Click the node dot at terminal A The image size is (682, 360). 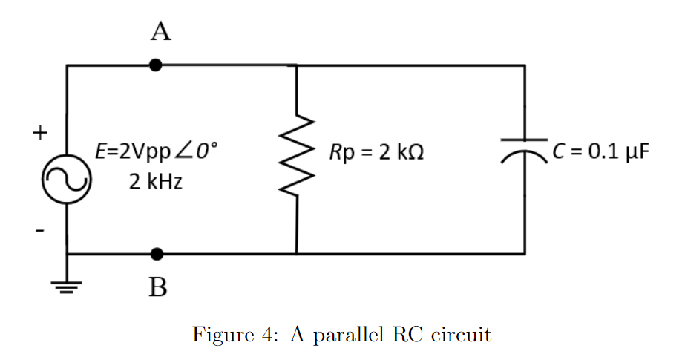coord(155,65)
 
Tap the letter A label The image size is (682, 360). coord(160,32)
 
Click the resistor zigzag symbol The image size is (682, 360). coord(298,158)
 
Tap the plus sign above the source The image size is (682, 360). coord(40,134)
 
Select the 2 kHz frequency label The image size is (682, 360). coord(155,181)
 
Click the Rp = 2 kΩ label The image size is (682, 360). coord(378,154)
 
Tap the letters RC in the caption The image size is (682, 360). coord(410,335)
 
